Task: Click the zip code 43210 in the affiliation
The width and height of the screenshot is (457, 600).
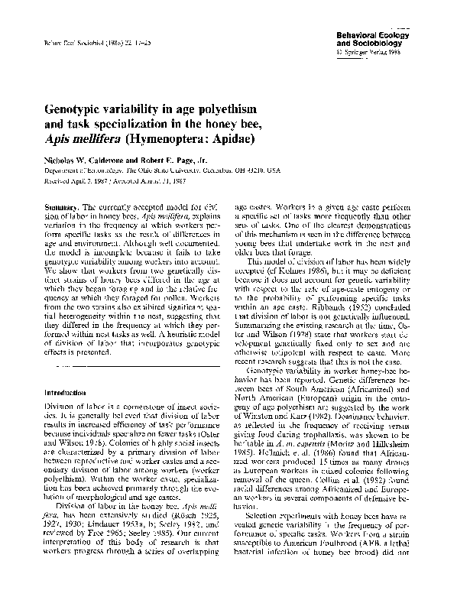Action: coord(268,173)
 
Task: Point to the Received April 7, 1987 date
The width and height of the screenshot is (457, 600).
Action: coord(66,183)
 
